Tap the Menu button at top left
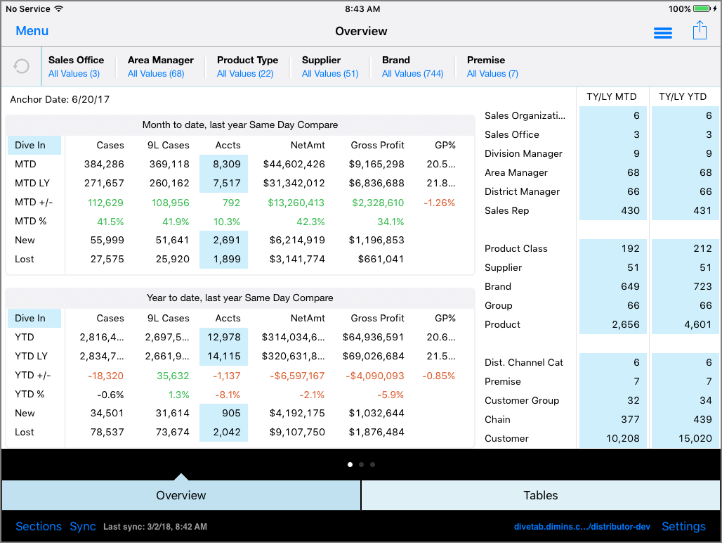click(x=32, y=31)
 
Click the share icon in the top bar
click(x=699, y=31)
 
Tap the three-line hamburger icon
click(x=662, y=33)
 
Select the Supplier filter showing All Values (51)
click(x=329, y=67)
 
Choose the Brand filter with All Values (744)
click(x=412, y=67)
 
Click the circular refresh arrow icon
click(x=22, y=66)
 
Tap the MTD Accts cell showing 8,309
click(x=223, y=164)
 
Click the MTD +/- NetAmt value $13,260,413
click(x=295, y=203)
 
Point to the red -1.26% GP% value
click(x=439, y=203)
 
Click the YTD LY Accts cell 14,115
click(x=223, y=356)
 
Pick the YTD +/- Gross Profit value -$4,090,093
click(x=374, y=376)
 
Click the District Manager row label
click(x=522, y=191)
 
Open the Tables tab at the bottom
click(x=541, y=495)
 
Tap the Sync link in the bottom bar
click(x=83, y=526)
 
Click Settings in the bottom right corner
click(x=683, y=526)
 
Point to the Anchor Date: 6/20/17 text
click(x=60, y=100)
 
